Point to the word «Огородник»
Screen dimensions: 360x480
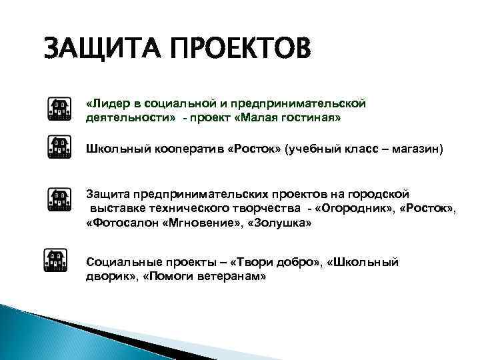[356, 210]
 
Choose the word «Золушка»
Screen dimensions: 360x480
[279, 225]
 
